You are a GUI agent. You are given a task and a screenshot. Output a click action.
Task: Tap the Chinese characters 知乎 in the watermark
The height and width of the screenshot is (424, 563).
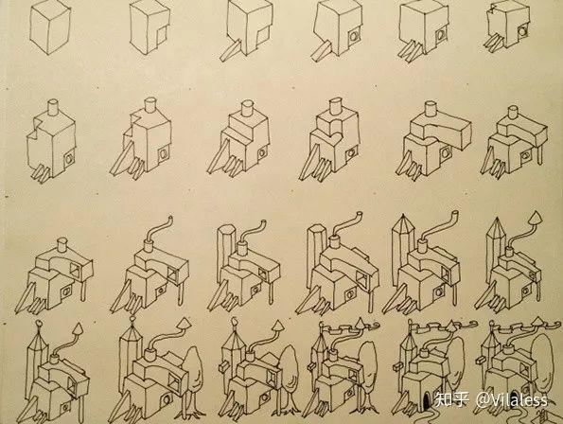(452, 399)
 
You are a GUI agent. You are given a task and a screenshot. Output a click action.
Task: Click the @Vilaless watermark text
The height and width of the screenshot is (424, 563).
(512, 399)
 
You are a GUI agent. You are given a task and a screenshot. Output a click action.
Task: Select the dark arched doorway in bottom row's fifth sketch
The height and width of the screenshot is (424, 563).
(426, 402)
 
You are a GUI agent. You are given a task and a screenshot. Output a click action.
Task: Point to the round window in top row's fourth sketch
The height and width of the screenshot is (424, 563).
(353, 36)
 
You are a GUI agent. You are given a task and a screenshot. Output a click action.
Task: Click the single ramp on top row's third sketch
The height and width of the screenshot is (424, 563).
(230, 50)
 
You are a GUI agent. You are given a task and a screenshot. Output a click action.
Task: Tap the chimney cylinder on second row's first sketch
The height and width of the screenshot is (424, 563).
(54, 107)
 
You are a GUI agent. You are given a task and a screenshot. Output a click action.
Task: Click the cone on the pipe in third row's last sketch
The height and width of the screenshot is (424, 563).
(536, 218)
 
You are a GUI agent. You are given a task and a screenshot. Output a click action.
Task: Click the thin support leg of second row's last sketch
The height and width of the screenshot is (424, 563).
(539, 155)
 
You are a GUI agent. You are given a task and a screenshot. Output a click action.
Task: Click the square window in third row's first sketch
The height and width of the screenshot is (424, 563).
(76, 270)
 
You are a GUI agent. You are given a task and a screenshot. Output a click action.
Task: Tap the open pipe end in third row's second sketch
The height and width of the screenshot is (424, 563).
(170, 219)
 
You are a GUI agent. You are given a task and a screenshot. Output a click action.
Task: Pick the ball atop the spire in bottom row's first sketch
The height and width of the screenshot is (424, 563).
(39, 325)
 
